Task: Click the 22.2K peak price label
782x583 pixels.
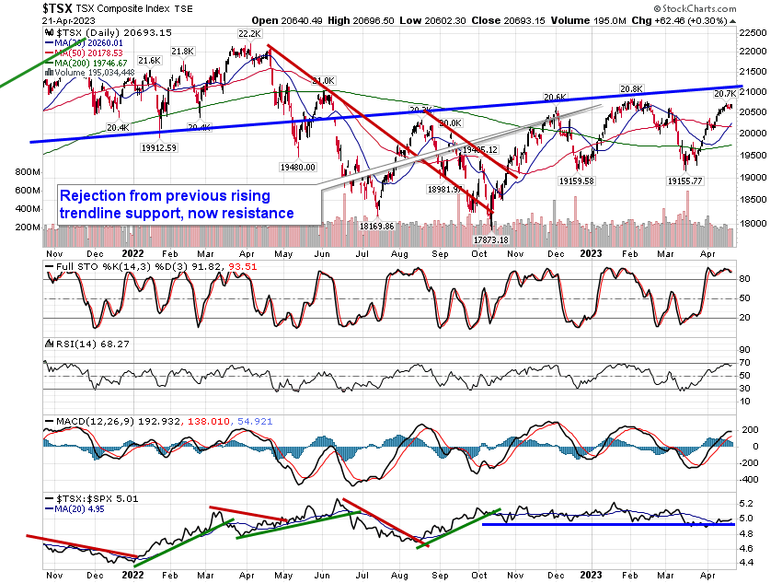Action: coord(249,33)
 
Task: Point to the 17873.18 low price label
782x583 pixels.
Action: coord(491,239)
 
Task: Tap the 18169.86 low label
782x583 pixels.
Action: coord(376,225)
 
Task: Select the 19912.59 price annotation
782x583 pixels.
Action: coord(159,146)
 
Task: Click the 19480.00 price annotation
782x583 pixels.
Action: coord(297,167)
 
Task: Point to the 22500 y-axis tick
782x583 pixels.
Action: coord(754,32)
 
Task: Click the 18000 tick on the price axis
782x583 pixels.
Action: coord(754,222)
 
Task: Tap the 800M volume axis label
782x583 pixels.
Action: coord(27,172)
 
